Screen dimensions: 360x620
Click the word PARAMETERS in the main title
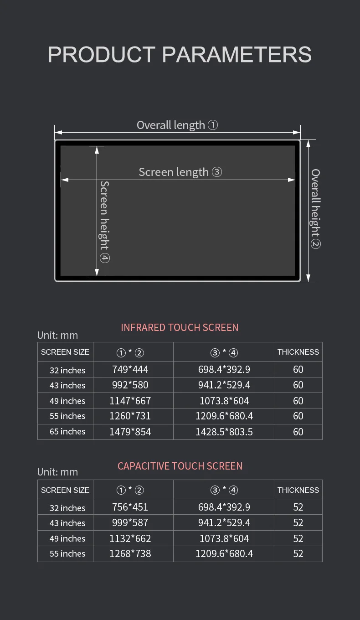pos(237,54)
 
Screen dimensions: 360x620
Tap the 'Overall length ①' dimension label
pos(177,125)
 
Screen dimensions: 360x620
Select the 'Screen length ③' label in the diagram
pos(180,172)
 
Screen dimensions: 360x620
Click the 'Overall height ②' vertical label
pos(315,208)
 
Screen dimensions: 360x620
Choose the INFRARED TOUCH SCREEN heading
pos(180,327)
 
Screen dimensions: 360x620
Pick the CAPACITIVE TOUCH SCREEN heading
pos(180,466)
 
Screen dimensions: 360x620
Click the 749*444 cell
pos(130,369)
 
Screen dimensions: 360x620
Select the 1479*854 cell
pos(130,432)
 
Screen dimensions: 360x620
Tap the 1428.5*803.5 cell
pos(224,432)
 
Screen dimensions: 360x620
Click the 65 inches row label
pos(67,431)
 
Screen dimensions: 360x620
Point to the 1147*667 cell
pos(130,401)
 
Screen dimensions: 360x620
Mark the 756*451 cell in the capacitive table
pos(130,507)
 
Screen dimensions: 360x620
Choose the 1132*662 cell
pos(130,538)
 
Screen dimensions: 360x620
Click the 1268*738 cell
pos(130,553)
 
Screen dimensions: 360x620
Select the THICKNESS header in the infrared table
pos(298,352)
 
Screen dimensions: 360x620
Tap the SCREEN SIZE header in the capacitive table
pos(65,490)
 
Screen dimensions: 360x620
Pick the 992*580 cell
pos(130,385)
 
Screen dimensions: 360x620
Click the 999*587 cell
pos(130,522)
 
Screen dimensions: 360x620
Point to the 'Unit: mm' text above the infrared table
pos(57,335)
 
